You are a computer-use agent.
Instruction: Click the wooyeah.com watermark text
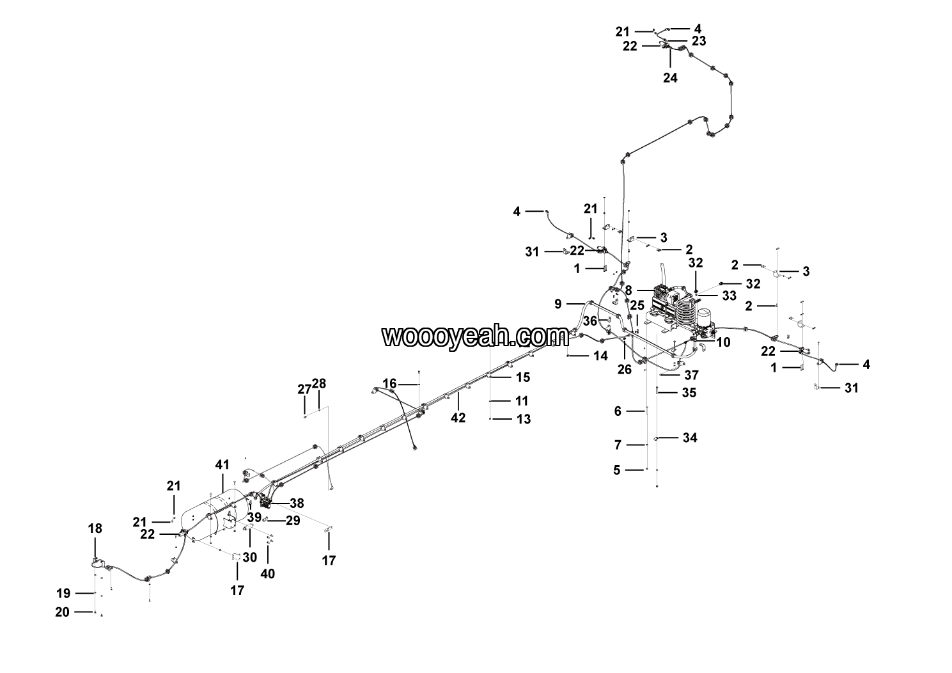pyautogui.click(x=475, y=336)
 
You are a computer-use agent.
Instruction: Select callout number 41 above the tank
pyautogui.click(x=222, y=465)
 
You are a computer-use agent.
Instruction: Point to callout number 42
pyautogui.click(x=458, y=418)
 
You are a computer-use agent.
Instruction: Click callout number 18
pyautogui.click(x=95, y=528)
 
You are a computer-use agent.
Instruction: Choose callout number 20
pyautogui.click(x=62, y=612)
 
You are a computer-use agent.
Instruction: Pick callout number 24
pyautogui.click(x=670, y=77)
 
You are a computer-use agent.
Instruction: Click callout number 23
pyautogui.click(x=699, y=41)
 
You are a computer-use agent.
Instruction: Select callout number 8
pyautogui.click(x=628, y=290)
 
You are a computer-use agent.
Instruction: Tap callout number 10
pyautogui.click(x=723, y=342)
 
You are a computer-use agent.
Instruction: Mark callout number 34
pyautogui.click(x=690, y=438)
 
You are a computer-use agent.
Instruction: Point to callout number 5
pyautogui.click(x=617, y=470)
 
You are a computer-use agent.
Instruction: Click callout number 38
pyautogui.click(x=297, y=503)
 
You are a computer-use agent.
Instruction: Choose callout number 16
pyautogui.click(x=389, y=384)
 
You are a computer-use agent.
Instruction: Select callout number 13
pyautogui.click(x=524, y=419)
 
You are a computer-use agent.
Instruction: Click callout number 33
pyautogui.click(x=730, y=296)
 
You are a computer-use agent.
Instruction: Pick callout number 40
pyautogui.click(x=268, y=574)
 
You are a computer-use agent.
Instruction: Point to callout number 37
pyautogui.click(x=691, y=376)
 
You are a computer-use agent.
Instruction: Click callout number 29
pyautogui.click(x=293, y=521)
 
